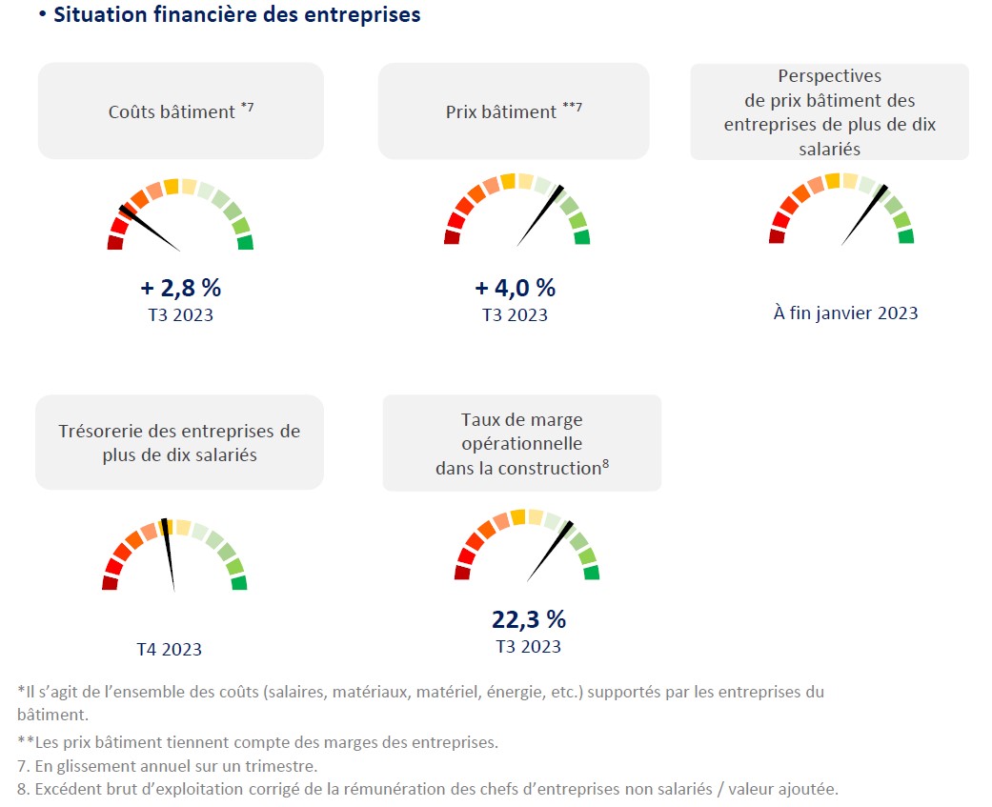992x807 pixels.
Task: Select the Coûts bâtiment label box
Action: click(181, 111)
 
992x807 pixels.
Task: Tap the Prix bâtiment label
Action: click(514, 111)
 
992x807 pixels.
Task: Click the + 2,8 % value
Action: click(181, 288)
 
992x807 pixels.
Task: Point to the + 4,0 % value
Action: click(515, 288)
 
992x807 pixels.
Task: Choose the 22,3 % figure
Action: click(529, 619)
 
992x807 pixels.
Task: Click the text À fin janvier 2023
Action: click(845, 313)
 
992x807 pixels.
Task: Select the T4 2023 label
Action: click(169, 649)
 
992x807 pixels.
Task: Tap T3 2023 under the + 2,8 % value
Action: click(181, 314)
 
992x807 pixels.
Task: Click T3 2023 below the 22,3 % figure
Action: click(529, 646)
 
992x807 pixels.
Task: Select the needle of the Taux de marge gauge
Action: click(549, 552)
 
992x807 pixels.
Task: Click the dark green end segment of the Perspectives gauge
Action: click(906, 236)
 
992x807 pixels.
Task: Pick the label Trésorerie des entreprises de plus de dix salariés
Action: click(179, 443)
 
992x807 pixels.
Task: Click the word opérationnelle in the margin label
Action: click(521, 443)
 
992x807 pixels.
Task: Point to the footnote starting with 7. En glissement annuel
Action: click(168, 765)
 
